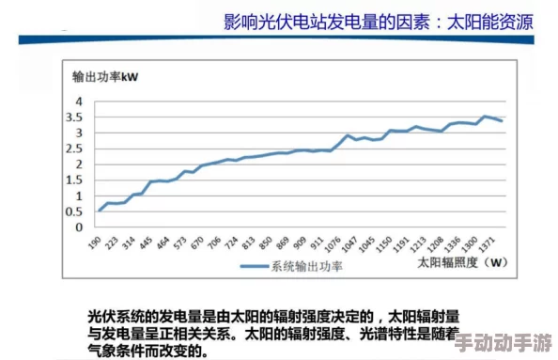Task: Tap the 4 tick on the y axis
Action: click(80, 101)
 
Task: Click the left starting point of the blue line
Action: click(100, 211)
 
